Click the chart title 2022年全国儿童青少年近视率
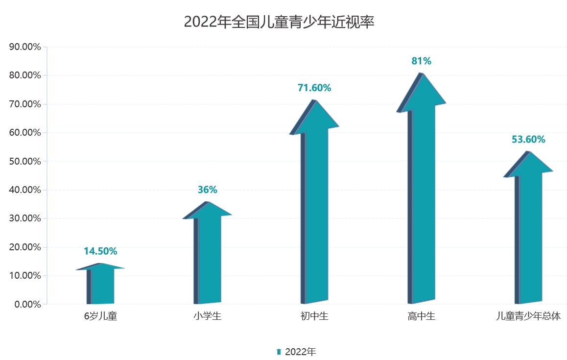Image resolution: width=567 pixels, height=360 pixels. pyautogui.click(x=279, y=22)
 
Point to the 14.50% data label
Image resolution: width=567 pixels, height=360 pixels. pyautogui.click(x=100, y=251)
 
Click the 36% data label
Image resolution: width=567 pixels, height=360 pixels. pyautogui.click(x=207, y=190)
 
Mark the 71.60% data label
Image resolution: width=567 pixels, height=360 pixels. pyautogui.click(x=314, y=88)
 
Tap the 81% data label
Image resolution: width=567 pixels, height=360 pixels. pyautogui.click(x=421, y=61)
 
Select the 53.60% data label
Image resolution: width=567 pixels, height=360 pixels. pyautogui.click(x=528, y=140)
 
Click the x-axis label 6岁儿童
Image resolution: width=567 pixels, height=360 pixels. pyautogui.click(x=100, y=316)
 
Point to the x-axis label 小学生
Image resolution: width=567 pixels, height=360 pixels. pyautogui.click(x=207, y=316)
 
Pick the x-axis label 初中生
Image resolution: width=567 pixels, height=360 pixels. pyautogui.click(x=314, y=316)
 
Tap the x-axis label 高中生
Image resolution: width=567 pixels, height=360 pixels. pyautogui.click(x=421, y=316)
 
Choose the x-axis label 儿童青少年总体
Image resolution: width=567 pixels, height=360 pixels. pyautogui.click(x=528, y=316)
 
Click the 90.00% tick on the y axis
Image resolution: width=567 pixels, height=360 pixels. pyautogui.click(x=24, y=47)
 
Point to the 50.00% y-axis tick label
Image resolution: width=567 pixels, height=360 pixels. pyautogui.click(x=24, y=161)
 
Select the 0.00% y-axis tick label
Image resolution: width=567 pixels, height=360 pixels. pyautogui.click(x=26, y=304)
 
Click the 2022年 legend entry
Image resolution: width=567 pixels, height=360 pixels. pyautogui.click(x=297, y=352)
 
